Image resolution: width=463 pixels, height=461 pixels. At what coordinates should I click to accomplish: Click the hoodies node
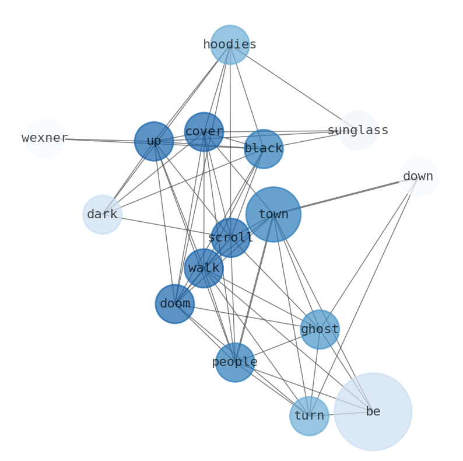(230, 44)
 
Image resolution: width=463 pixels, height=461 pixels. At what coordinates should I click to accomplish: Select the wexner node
(44, 138)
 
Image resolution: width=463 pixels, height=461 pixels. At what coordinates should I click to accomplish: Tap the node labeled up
(154, 141)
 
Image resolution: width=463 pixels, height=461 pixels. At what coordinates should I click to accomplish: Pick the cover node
(204, 132)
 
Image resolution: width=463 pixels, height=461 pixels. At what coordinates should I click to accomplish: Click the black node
(264, 149)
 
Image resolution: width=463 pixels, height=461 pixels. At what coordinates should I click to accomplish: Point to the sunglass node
(358, 131)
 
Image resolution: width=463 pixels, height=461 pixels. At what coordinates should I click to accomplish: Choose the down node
(418, 177)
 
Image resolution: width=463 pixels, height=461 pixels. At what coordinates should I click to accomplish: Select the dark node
(102, 215)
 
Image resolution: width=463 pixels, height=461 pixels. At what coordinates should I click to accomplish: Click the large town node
(273, 214)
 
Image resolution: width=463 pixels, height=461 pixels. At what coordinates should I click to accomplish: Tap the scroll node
(230, 238)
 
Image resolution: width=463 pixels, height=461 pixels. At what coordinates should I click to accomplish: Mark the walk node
(204, 268)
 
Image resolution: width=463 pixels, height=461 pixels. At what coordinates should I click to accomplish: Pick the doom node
(175, 304)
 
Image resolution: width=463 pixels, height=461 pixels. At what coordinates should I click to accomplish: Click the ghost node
(320, 330)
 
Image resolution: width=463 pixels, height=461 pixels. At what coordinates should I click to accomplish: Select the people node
(235, 362)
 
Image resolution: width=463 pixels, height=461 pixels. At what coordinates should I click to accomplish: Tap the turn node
(309, 416)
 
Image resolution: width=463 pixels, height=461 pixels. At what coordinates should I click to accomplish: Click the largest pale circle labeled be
(373, 411)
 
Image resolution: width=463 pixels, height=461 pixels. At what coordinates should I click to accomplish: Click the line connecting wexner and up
(99, 140)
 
